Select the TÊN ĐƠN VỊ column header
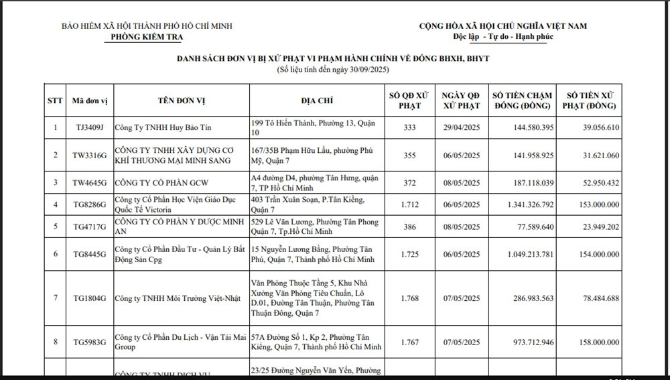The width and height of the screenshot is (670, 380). (182, 101)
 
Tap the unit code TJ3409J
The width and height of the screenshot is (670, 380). (90, 127)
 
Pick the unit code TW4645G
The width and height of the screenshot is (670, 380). (90, 183)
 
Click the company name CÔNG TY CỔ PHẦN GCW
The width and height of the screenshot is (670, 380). (159, 183)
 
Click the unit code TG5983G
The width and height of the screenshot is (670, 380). (90, 342)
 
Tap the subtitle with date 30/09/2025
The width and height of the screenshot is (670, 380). (332, 70)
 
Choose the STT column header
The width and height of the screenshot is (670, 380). (55, 101)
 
